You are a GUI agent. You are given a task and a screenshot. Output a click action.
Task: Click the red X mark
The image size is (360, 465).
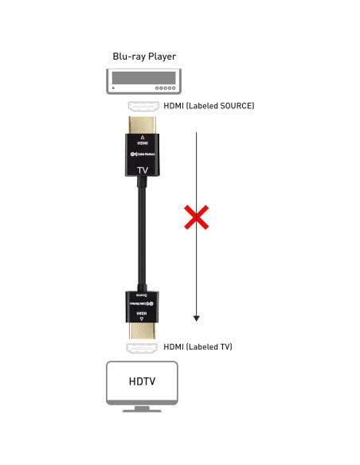click(x=197, y=217)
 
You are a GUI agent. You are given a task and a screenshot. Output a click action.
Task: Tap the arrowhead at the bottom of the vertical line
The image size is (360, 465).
click(x=197, y=318)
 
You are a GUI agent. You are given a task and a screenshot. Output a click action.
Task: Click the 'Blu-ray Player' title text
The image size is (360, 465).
click(x=143, y=57)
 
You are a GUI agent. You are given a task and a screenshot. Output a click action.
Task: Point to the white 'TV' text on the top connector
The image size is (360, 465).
click(x=143, y=170)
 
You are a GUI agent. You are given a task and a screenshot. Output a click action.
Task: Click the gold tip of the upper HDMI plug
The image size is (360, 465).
click(x=143, y=126)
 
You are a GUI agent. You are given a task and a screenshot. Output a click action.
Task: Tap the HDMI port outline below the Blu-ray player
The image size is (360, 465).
click(x=143, y=106)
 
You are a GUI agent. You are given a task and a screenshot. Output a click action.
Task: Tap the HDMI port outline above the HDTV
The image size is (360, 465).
click(x=143, y=348)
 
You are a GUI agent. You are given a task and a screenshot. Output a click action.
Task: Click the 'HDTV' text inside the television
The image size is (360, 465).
click(x=143, y=381)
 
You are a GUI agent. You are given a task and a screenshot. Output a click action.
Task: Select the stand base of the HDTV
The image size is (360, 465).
click(x=143, y=410)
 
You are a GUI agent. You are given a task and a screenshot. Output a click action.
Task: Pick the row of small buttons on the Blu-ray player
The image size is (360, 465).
click(x=165, y=88)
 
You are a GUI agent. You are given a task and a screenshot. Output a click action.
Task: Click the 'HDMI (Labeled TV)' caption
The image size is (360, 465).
click(x=198, y=347)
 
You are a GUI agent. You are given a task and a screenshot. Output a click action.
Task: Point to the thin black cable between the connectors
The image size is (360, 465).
click(x=143, y=239)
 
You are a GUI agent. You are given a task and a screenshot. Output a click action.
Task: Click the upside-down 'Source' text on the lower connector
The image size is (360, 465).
click(x=143, y=295)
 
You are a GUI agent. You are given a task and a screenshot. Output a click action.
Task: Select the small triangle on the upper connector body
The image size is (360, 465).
click(x=143, y=136)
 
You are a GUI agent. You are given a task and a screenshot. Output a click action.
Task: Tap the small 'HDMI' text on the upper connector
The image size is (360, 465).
click(x=143, y=143)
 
